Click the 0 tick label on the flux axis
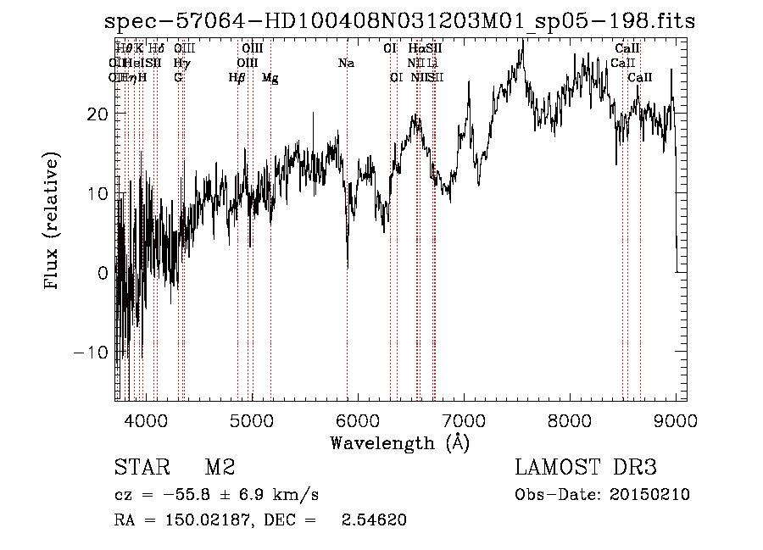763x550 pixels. click(x=103, y=273)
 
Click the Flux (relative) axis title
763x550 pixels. click(x=53, y=221)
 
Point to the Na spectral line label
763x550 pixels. click(x=346, y=64)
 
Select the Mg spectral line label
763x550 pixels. click(x=270, y=78)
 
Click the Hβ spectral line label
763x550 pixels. click(x=237, y=78)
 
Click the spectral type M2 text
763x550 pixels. click(x=219, y=468)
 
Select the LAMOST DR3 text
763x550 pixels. click(x=585, y=468)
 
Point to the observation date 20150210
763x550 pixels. click(x=654, y=495)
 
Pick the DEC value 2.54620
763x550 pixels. click(x=374, y=520)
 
